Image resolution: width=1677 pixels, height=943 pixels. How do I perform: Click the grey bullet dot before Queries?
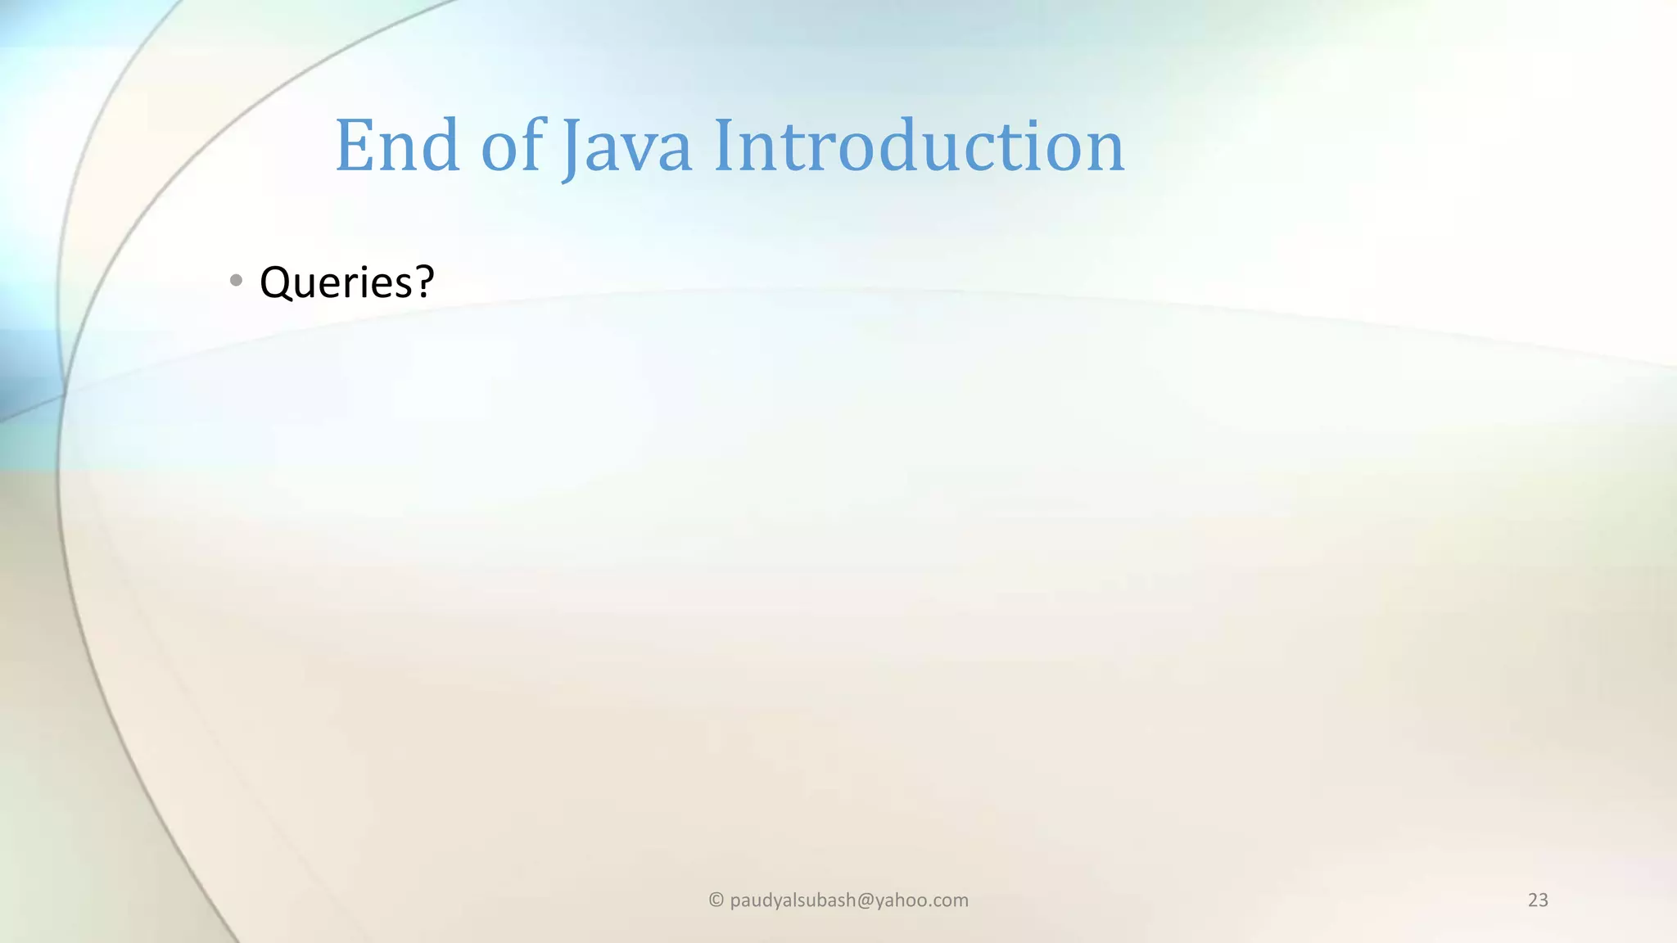point(237,281)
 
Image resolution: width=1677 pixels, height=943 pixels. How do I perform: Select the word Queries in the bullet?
point(336,282)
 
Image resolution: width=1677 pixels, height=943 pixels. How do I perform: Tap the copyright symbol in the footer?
point(716,900)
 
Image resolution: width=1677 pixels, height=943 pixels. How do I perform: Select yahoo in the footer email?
point(903,900)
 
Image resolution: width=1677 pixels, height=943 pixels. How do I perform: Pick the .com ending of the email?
point(950,900)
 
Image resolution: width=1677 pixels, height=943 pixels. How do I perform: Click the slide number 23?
point(1538,900)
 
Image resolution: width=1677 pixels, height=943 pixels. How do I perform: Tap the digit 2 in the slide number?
point(1533,900)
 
